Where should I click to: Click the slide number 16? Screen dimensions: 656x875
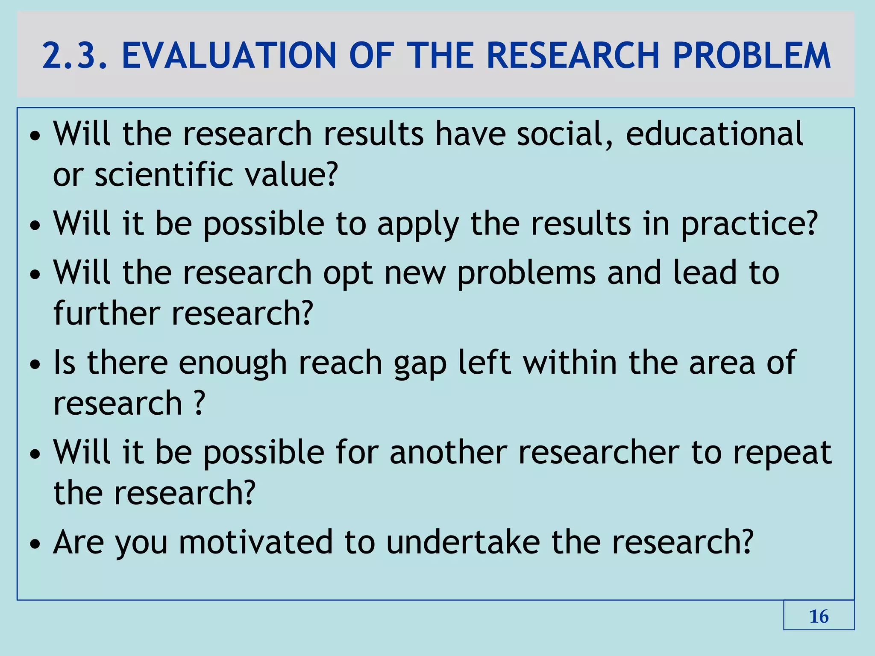coord(819,617)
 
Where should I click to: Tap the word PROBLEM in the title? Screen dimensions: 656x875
coord(752,56)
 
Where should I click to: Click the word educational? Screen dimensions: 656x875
coord(714,134)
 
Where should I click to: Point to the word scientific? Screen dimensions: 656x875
coord(164,175)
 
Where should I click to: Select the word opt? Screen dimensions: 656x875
coord(348,274)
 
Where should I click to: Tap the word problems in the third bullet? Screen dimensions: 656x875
coord(526,274)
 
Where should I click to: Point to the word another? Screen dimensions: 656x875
coord(448,452)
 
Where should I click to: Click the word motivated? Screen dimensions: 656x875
coord(255,542)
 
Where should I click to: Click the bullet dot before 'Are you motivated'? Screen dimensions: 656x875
coord(35,545)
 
